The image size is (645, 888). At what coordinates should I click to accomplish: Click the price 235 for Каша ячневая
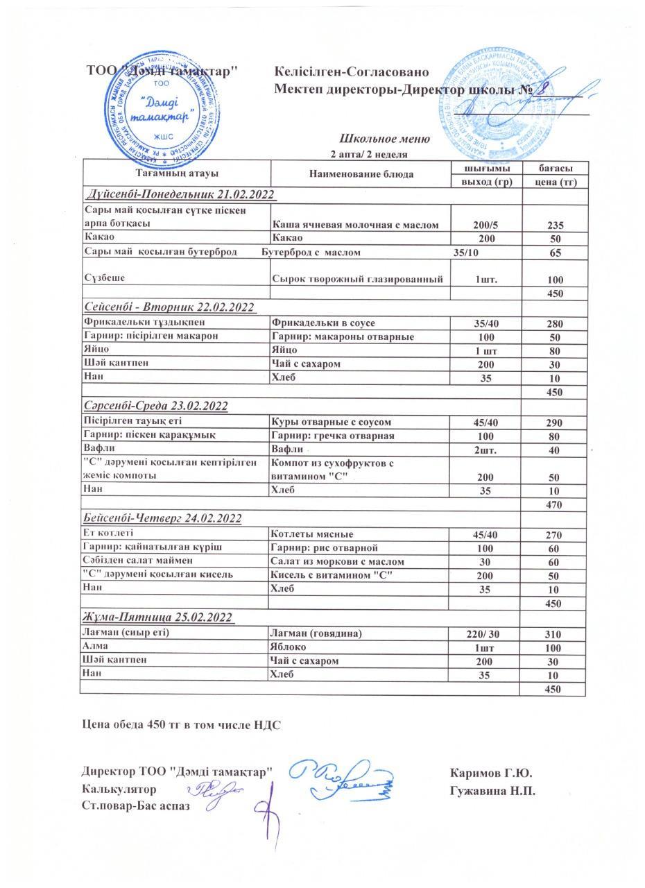(553, 225)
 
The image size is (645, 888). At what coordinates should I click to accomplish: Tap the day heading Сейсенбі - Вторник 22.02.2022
(169, 307)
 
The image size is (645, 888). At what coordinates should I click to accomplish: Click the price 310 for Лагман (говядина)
(553, 634)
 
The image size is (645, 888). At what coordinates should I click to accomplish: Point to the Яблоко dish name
(290, 647)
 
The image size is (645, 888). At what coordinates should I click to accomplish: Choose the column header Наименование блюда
(361, 174)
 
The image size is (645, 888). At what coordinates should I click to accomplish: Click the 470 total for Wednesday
(553, 505)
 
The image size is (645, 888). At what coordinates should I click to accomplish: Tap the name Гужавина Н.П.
(492, 790)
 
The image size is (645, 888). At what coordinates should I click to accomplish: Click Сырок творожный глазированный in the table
(357, 279)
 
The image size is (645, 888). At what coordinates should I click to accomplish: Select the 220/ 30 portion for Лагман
(485, 634)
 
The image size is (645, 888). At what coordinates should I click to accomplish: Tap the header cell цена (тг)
(553, 182)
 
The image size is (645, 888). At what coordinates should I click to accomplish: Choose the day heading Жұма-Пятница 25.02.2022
(158, 617)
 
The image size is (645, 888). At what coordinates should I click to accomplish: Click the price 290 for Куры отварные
(553, 422)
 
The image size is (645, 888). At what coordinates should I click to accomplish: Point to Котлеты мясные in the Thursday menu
(312, 534)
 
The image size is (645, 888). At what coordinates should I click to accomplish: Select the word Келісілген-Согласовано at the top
(351, 72)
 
